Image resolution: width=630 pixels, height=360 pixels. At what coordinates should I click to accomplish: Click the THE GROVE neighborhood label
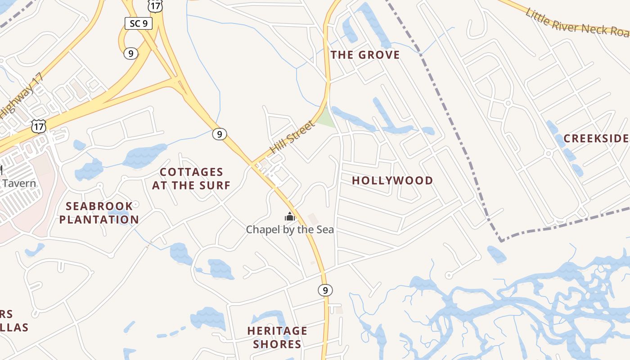coord(365,55)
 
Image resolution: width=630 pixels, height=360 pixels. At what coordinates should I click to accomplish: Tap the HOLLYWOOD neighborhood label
coord(392,180)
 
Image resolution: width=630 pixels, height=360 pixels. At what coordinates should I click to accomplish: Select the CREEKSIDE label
coord(596,139)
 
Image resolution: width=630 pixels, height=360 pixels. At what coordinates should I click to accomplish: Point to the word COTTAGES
coord(192,172)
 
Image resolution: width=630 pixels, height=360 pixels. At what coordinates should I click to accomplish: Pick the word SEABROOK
coord(99,206)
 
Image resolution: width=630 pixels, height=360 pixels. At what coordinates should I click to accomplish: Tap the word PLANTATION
coord(99,220)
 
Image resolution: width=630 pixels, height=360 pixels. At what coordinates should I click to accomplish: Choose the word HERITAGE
coord(277,331)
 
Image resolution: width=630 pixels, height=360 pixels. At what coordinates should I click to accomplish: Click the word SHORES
coord(277,344)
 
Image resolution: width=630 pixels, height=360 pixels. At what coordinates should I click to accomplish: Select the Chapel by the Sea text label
coord(290,229)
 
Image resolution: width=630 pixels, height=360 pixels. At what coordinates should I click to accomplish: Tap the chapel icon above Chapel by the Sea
coord(289,217)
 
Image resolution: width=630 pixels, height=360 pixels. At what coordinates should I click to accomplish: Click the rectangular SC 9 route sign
coord(138,23)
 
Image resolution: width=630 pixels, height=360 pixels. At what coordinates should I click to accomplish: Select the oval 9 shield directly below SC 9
coord(130,54)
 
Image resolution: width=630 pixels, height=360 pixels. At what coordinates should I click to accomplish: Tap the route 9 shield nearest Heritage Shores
coord(325,290)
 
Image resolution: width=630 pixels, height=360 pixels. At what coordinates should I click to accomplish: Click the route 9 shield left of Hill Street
coord(220,134)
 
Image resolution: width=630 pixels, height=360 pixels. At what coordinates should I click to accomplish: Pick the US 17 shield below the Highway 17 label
coord(39,126)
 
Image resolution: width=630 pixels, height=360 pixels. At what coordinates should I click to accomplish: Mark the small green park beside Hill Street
coord(326,118)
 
